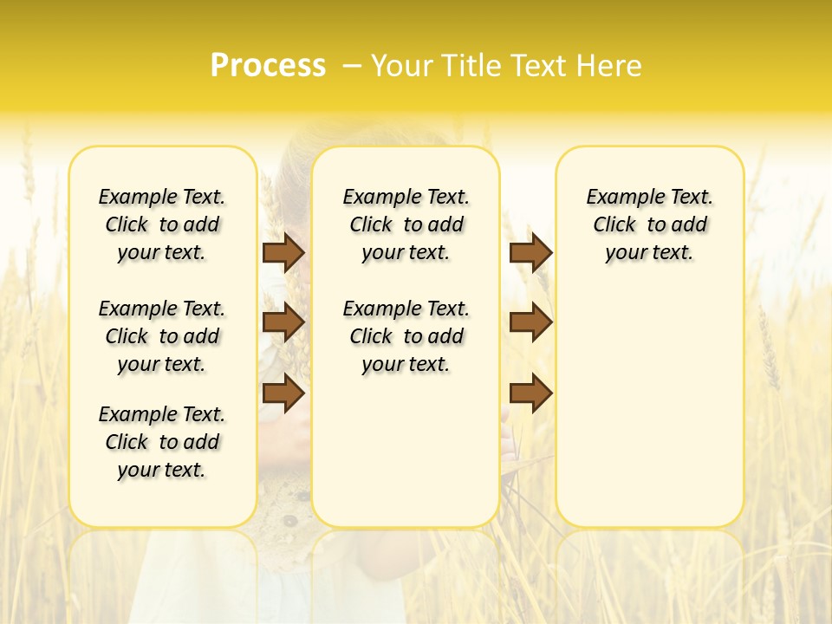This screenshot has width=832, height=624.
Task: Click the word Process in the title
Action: pos(268,66)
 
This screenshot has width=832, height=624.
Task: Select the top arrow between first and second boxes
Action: pos(283,252)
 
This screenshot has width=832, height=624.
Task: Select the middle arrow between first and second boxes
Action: pos(283,322)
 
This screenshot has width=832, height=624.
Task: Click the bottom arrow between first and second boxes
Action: pos(283,393)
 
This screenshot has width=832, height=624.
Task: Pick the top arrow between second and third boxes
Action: pos(530,252)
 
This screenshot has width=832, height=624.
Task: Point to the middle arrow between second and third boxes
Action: pos(530,322)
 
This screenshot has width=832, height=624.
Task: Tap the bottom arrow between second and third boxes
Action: pos(530,393)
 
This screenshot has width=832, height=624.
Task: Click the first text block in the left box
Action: pos(162,224)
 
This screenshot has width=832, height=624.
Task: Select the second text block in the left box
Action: pos(162,336)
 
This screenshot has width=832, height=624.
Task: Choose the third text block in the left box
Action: pos(162,442)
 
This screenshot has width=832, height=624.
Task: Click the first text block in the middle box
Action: pos(406,224)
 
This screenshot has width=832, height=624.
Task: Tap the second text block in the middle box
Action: pos(406,336)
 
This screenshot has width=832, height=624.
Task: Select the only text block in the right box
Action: pos(649,224)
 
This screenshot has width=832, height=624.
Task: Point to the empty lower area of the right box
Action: pos(649,407)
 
